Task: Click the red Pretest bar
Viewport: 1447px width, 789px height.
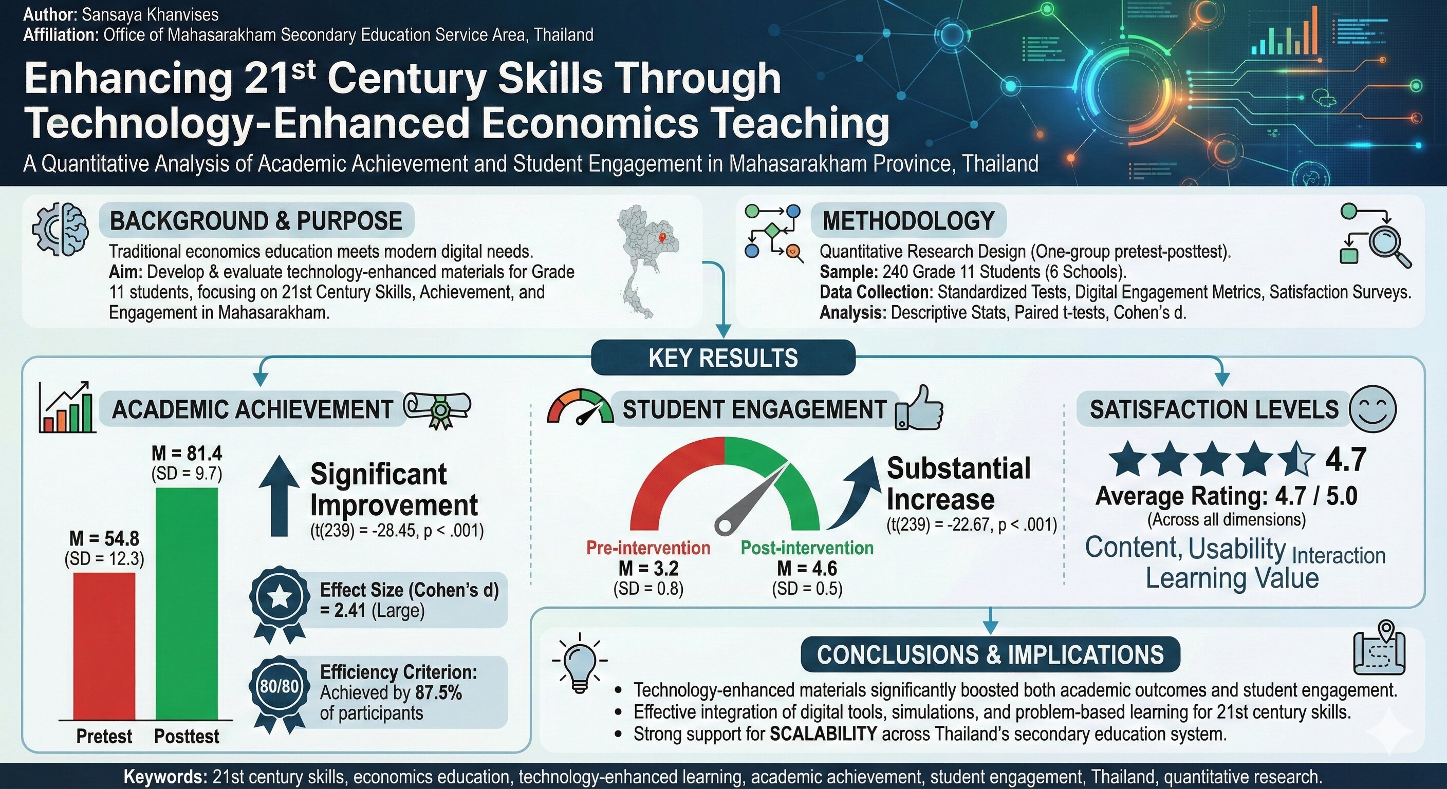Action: click(104, 646)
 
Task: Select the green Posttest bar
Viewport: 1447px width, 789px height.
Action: click(187, 604)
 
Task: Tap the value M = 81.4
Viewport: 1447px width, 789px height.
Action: click(187, 453)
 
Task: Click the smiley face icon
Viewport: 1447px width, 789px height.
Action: click(1372, 409)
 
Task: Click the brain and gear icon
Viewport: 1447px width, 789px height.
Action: click(61, 230)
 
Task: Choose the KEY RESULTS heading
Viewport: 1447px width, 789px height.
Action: click(723, 358)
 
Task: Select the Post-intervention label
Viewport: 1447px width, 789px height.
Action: click(807, 548)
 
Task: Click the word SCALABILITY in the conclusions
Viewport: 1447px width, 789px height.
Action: click(824, 734)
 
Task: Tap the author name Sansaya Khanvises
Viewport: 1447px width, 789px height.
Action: click(150, 14)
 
